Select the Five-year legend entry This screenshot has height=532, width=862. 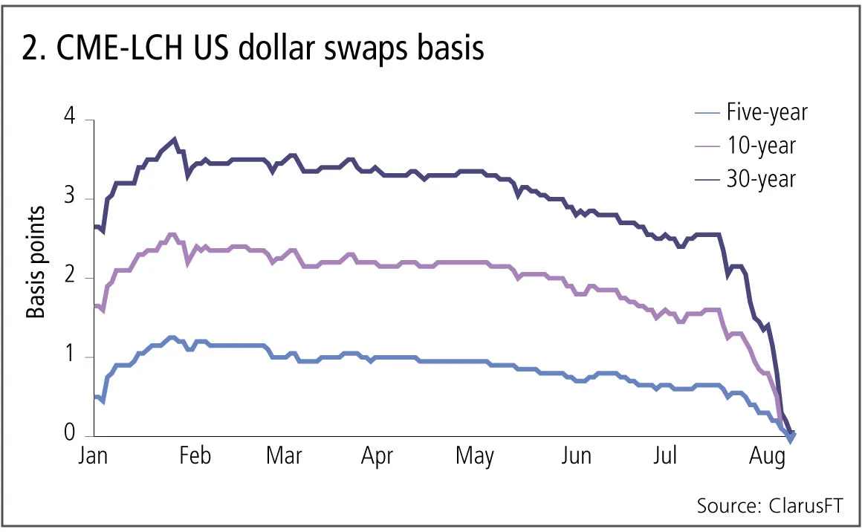(767, 113)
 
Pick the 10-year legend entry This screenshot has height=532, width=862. (761, 146)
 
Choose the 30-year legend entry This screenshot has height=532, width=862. (761, 178)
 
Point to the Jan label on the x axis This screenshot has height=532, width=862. (93, 455)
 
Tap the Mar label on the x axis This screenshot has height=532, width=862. (284, 455)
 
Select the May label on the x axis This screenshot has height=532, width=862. (474, 455)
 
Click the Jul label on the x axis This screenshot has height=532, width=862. (666, 455)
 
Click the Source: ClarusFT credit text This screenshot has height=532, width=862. (771, 506)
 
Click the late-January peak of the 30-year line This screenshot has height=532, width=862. (174, 139)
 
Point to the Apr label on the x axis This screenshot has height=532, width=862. (377, 455)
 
